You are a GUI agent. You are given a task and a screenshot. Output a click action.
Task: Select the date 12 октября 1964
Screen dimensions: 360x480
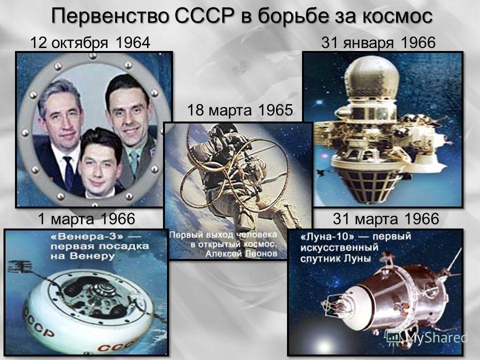pyautogui.click(x=90, y=43)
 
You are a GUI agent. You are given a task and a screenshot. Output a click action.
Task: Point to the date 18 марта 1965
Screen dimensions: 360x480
pyautogui.click(x=239, y=110)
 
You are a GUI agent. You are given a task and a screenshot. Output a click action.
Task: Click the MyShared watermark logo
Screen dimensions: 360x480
pyautogui.click(x=427, y=337)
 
